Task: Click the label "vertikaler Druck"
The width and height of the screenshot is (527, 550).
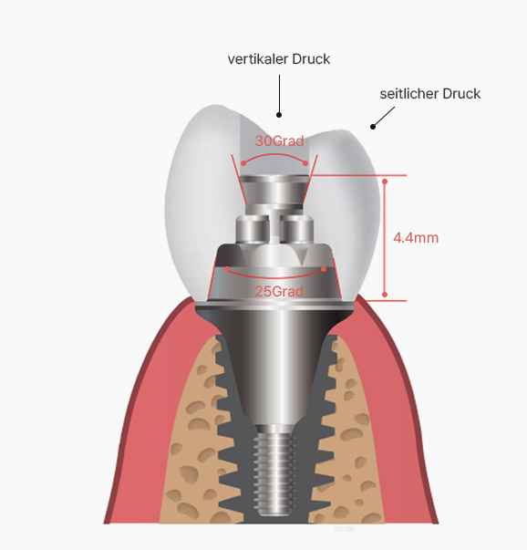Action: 279,59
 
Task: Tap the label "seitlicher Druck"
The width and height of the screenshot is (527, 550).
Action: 429,94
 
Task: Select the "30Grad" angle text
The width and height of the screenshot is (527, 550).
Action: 279,141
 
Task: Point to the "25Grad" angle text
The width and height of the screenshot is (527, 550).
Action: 279,292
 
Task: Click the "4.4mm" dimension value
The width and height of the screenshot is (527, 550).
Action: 416,238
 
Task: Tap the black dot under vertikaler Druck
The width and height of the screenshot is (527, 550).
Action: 279,115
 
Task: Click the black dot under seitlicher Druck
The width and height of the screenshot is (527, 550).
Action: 373,127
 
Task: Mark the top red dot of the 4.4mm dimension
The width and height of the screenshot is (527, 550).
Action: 385,182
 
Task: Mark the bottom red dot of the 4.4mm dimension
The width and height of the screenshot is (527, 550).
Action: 385,295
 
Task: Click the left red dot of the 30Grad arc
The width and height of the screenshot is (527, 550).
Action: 243,163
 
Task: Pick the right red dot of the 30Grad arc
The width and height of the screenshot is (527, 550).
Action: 305,163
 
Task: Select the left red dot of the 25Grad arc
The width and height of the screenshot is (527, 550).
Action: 227,269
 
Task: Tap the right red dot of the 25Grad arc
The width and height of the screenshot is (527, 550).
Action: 324,269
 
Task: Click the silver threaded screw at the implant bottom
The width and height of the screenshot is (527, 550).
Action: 275,473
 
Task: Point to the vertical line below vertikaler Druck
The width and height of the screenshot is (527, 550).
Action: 279,93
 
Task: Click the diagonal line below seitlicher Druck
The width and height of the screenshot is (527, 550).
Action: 384,117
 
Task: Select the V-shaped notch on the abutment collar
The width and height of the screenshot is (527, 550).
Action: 304,257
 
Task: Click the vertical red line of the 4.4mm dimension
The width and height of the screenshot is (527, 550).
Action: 385,238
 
